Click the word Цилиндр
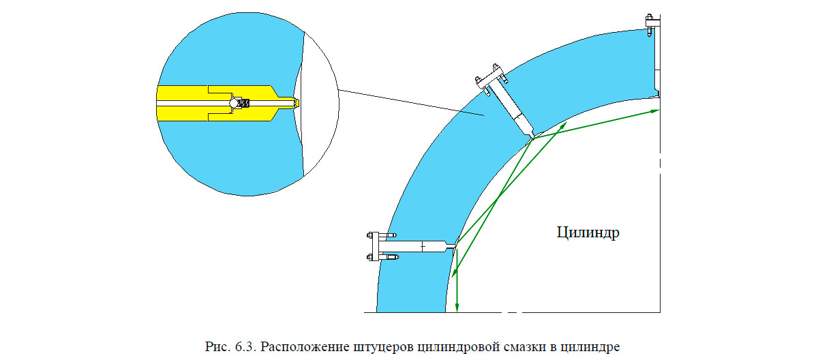click(x=587, y=232)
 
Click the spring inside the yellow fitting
click(x=247, y=104)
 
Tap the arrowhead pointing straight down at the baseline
click(x=457, y=306)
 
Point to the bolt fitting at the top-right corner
click(x=650, y=26)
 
